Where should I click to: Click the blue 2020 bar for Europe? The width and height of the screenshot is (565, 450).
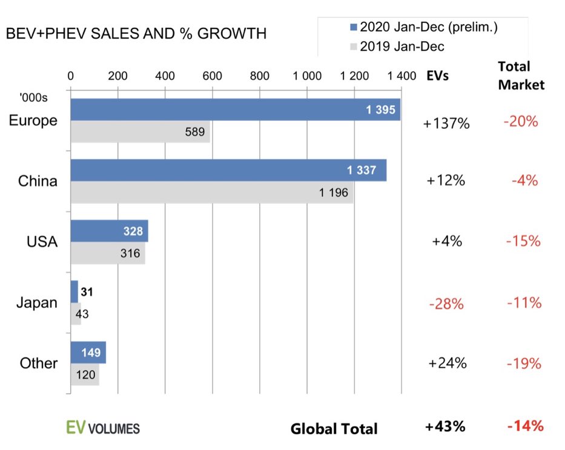coord(235,109)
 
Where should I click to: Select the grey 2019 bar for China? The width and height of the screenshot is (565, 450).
coord(212,192)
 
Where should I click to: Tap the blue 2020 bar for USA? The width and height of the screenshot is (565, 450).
coord(109,231)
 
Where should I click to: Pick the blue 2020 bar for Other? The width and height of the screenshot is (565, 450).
coord(88,352)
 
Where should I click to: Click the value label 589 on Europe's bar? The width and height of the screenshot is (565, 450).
coord(194,132)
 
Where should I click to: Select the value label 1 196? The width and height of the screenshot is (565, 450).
coord(334,193)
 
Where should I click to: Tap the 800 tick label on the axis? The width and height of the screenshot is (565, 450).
coord(259,76)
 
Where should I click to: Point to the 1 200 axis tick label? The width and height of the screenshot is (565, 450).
coord(354,76)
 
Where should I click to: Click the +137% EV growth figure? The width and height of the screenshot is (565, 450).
coord(447,123)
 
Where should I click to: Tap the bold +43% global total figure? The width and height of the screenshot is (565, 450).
coord(445,426)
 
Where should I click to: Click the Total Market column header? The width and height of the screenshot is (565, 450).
coord(521,76)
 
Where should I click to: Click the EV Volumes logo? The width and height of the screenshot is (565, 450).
coord(102,428)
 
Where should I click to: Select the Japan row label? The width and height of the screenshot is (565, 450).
coord(36,302)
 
